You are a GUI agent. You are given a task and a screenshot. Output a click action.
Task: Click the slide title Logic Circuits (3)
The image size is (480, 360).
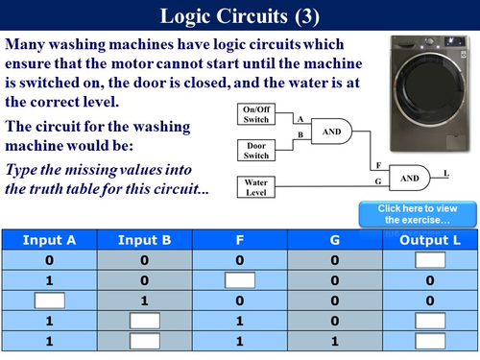tap(239, 16)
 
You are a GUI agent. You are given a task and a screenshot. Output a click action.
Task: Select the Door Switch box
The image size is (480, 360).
tap(256, 149)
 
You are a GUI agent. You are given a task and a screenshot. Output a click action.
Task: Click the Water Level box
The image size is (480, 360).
tap(256, 185)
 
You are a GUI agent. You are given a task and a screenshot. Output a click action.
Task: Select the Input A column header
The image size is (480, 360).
tap(48, 239)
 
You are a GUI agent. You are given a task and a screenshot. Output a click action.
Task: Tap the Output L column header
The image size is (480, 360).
tap(431, 239)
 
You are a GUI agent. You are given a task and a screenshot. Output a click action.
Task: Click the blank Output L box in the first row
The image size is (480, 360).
tap(431, 260)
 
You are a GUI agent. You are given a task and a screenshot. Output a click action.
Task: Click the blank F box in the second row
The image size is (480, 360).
tap(240, 280)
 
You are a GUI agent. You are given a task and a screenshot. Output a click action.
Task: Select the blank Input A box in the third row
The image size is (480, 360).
tap(48, 300)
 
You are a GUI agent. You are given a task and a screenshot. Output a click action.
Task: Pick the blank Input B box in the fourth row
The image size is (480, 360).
tap(144, 321)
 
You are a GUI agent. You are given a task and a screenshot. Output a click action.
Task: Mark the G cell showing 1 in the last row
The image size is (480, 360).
tap(335, 341)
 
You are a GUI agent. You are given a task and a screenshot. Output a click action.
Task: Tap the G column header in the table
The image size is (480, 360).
tap(335, 239)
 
